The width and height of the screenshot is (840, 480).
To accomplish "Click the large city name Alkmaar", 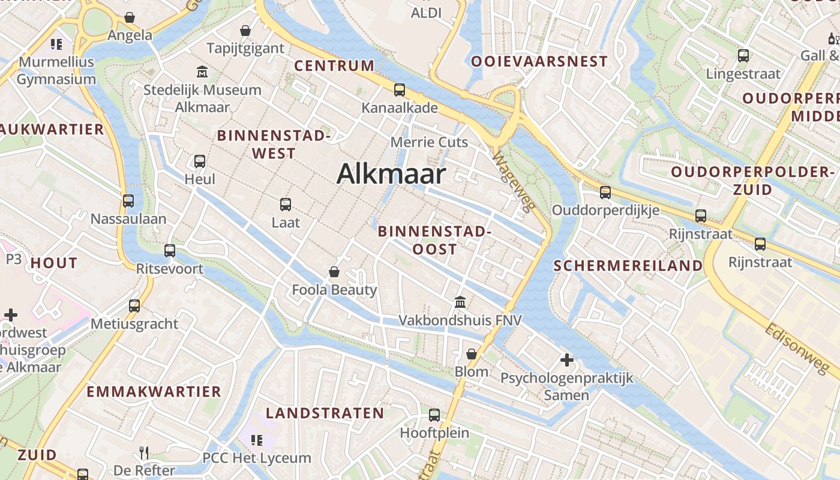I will [391, 174].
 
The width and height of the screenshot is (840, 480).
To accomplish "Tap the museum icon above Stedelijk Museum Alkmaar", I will [202, 72].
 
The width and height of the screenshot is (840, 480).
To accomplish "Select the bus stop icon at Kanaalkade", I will [400, 90].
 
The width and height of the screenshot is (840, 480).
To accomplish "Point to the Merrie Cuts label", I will [429, 142].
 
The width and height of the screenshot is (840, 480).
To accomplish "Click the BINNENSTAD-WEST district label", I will [274, 144].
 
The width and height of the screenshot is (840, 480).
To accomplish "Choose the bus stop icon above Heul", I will [200, 161].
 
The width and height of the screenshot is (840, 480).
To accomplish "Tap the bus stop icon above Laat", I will [286, 204].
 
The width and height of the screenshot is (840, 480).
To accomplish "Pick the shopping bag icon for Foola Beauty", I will [334, 272].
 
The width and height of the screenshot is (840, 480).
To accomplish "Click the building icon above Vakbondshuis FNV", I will [460, 302].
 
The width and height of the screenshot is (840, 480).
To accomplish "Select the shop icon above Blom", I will [472, 354].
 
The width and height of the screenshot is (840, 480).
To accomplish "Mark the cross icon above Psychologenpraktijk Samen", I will [566, 360].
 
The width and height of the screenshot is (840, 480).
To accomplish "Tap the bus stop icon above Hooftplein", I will [434, 415].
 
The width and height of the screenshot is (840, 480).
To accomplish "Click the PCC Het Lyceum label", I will [257, 458].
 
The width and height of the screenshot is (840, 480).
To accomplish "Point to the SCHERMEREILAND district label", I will [628, 266].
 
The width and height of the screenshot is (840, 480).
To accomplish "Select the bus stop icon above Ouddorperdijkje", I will [605, 192].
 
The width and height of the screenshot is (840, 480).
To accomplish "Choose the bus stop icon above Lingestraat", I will [743, 56].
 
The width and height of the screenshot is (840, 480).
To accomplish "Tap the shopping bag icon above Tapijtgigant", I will [245, 31].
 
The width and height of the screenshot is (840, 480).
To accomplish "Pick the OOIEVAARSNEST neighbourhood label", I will [539, 61].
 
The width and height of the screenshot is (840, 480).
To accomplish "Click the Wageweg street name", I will [513, 182].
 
